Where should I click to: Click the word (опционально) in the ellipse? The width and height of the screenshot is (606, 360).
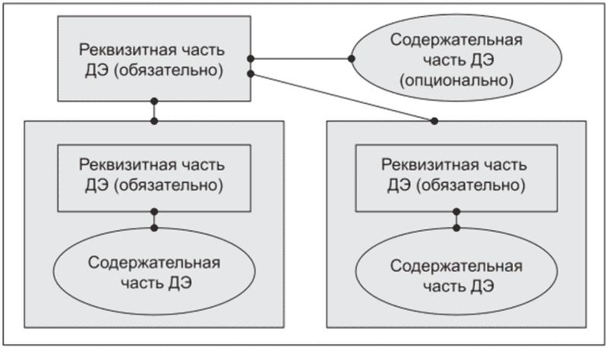click(x=456, y=81)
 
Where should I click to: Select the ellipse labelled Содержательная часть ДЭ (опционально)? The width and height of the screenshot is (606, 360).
click(x=456, y=58)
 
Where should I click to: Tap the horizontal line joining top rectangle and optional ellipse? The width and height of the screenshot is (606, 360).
click(x=301, y=58)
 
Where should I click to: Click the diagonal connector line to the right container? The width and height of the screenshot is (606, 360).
click(x=342, y=97)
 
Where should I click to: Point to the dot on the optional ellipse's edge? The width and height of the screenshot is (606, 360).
click(x=352, y=58)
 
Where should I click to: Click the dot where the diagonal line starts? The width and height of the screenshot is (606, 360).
click(x=251, y=74)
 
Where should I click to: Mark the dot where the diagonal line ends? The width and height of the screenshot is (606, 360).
click(x=434, y=121)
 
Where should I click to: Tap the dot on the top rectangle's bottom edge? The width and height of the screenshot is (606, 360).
click(x=154, y=101)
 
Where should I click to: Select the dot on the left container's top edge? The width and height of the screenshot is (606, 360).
click(x=154, y=121)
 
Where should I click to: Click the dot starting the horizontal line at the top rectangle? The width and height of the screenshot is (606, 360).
click(x=251, y=58)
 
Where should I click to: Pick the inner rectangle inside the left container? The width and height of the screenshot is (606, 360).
click(x=154, y=178)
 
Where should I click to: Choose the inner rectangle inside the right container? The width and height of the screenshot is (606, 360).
click(x=456, y=178)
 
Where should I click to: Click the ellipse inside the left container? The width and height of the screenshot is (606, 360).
click(x=154, y=271)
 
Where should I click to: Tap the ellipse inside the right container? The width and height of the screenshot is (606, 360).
click(x=456, y=271)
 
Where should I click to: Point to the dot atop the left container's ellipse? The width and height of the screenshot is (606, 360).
click(x=154, y=228)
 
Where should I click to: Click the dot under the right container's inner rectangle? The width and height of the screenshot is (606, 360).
click(x=456, y=212)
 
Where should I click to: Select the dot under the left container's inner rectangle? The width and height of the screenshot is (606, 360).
click(x=154, y=212)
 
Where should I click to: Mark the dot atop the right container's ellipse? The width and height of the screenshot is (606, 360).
click(x=456, y=228)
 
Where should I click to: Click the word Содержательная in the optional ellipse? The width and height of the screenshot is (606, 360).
click(x=456, y=39)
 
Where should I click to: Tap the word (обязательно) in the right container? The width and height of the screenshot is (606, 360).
click(x=471, y=185)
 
